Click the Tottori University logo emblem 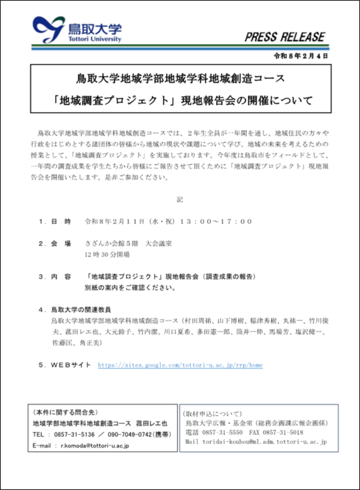(48, 29)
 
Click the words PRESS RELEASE (285, 36)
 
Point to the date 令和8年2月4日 (301, 56)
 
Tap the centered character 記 (180, 199)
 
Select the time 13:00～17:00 (216, 222)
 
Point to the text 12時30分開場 (107, 254)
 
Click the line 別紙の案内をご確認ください (129, 287)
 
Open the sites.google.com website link (180, 365)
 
